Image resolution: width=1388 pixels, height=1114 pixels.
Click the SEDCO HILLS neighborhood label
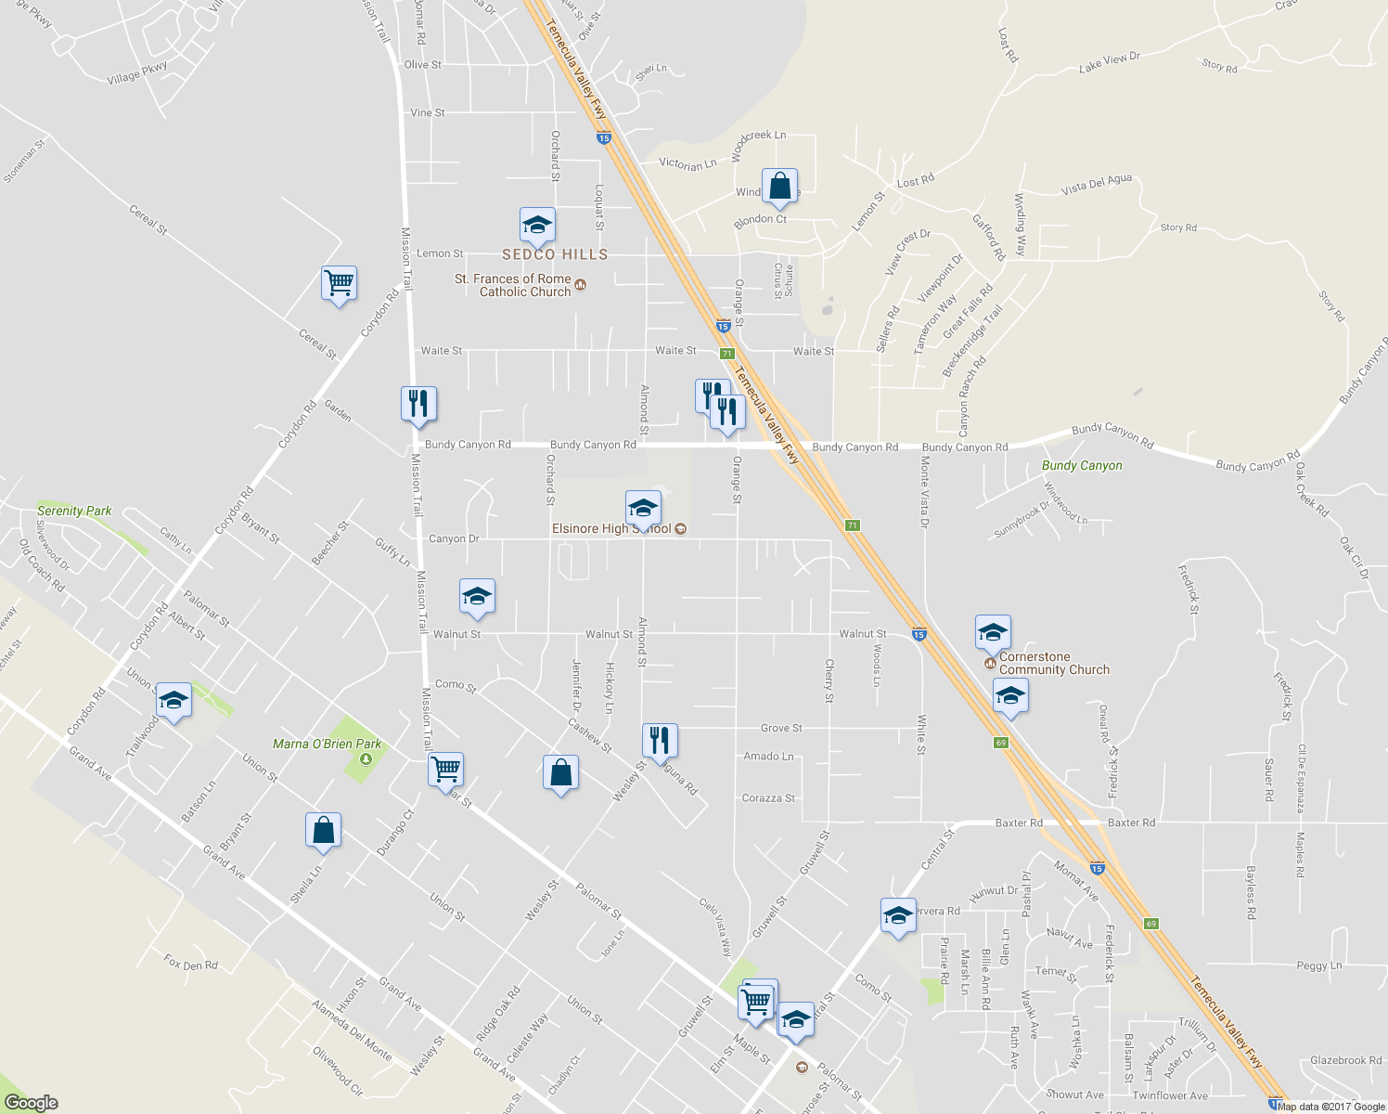[x=555, y=254]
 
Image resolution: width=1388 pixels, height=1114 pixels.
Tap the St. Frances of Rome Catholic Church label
[x=525, y=285]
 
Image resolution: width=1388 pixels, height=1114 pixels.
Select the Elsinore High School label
[x=612, y=529]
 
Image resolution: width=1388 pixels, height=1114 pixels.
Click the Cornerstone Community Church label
[x=1054, y=663]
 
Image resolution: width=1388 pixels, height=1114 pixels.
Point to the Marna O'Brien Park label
[x=327, y=744]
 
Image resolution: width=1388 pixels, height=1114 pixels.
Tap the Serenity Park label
[x=74, y=511]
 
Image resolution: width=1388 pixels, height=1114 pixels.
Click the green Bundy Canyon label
[x=1082, y=466]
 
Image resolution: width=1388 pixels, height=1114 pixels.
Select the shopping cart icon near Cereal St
[x=340, y=282]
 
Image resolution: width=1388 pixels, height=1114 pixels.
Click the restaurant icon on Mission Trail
[x=418, y=403]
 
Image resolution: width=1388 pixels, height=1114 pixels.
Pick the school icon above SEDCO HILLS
[x=537, y=225]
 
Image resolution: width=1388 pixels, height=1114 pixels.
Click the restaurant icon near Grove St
[x=660, y=740]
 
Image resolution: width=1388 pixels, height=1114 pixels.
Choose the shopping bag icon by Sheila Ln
[x=323, y=829]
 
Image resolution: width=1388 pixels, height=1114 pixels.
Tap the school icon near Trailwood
[x=173, y=701]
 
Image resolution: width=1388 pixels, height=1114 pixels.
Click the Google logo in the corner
[x=31, y=1103]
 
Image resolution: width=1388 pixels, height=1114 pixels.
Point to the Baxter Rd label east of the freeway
[x=1131, y=823]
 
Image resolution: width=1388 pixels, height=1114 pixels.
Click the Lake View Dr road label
[x=1109, y=62]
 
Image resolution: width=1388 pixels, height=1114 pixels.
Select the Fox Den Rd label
[x=190, y=964]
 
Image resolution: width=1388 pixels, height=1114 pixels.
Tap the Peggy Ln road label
[x=1318, y=966]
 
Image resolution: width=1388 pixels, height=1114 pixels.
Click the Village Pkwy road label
[x=137, y=72]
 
